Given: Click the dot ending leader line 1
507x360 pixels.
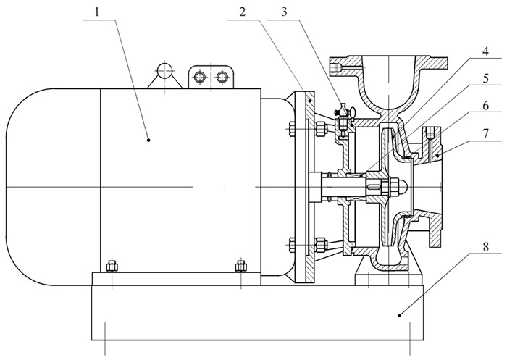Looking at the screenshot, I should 148,139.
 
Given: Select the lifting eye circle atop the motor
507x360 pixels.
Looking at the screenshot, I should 164,71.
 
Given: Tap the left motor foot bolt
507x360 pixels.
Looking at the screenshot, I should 112,266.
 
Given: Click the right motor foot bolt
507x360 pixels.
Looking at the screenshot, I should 240,266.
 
